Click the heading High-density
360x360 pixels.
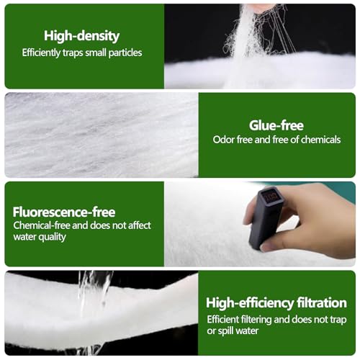coord(81,36)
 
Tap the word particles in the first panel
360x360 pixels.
coord(125,53)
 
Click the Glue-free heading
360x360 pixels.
coord(276,125)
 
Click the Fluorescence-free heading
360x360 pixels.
coord(64,212)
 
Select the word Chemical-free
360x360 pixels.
coord(42,225)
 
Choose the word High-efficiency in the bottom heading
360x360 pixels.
coord(250,303)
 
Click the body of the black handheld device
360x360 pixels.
coord(264,218)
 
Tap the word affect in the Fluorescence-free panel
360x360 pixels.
coord(140,225)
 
